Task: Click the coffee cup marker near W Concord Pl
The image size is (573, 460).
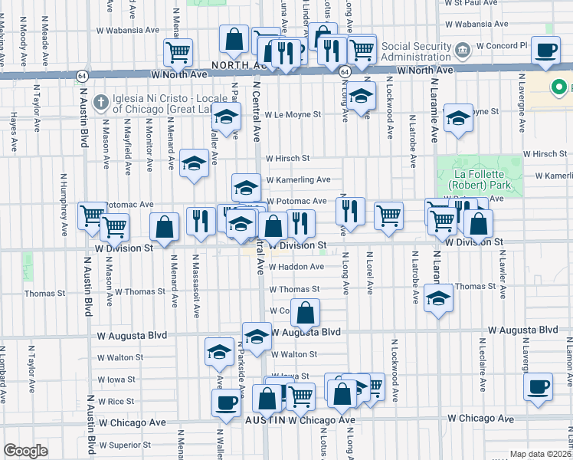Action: pyautogui.click(x=545, y=51)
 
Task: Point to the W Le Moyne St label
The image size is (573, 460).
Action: pyautogui.click(x=293, y=114)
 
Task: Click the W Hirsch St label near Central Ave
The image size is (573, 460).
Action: pyautogui.click(x=287, y=159)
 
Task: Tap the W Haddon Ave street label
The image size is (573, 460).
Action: pyautogui.click(x=296, y=267)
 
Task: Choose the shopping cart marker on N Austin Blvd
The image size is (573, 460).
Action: pyautogui.click(x=92, y=215)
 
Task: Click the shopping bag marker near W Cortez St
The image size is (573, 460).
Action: pyautogui.click(x=305, y=313)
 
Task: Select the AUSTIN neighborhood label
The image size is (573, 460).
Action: pyautogui.click(x=265, y=421)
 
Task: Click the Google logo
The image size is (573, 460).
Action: pyautogui.click(x=25, y=451)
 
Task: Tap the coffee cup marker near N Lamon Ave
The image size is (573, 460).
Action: pyautogui.click(x=539, y=386)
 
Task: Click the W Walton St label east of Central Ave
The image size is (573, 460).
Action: pyautogui.click(x=292, y=354)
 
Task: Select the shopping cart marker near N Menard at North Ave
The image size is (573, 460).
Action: pyautogui.click(x=178, y=53)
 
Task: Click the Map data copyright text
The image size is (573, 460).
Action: pyautogui.click(x=540, y=454)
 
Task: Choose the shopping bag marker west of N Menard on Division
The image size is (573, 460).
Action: pyautogui.click(x=164, y=226)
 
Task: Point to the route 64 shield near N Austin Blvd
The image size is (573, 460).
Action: pyautogui.click(x=80, y=75)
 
